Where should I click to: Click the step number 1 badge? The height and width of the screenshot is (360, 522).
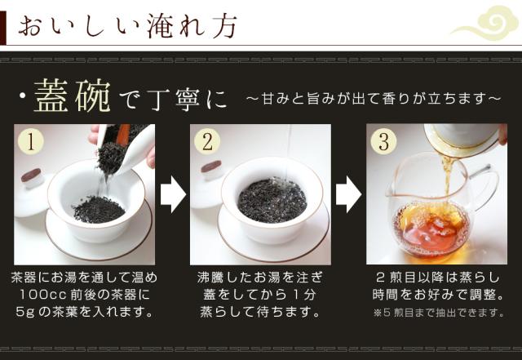(31, 142)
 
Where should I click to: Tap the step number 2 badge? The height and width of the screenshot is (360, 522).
(207, 142)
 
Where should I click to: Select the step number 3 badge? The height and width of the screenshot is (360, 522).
(384, 142)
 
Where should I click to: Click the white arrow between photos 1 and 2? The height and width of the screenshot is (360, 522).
(173, 194)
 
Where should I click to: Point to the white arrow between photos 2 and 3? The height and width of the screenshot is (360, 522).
(349, 194)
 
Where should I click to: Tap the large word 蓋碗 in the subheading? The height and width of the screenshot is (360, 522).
(73, 96)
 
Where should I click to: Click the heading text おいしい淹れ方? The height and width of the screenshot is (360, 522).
(127, 25)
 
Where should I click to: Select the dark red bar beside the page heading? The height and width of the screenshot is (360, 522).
(3, 28)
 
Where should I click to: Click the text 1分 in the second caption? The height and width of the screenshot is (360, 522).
(304, 295)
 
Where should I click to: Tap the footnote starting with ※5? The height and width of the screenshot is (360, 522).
(438, 313)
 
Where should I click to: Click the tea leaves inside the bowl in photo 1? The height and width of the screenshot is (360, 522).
(99, 209)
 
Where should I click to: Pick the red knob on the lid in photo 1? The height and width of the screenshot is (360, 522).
(31, 175)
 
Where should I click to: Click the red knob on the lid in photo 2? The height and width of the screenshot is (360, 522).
(211, 166)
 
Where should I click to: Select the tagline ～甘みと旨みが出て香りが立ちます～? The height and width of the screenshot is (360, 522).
(374, 99)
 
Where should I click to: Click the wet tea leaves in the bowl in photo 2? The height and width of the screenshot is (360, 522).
(272, 201)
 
